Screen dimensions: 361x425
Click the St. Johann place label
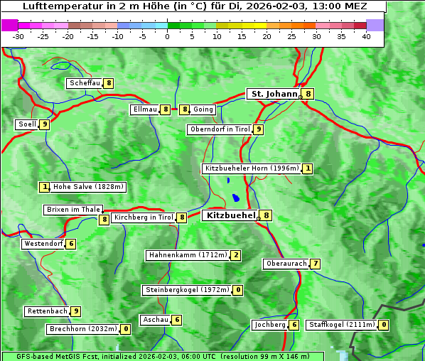tap(273, 94)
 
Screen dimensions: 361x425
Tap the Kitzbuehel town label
tap(230, 215)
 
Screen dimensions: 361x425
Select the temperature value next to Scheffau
tap(109, 83)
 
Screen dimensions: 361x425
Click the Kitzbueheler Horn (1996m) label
tap(251, 168)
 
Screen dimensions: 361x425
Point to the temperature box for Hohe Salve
tap(45, 187)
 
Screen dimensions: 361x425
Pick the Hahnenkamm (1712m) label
tap(188, 255)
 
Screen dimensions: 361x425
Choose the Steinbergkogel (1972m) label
tap(187, 290)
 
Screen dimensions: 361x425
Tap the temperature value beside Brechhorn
tap(126, 329)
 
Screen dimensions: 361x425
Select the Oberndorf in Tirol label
tap(220, 129)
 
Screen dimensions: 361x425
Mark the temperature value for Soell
tap(45, 124)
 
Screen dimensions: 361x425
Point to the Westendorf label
tap(43, 244)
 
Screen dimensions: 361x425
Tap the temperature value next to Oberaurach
tap(315, 264)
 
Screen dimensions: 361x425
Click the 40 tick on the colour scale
tap(366, 36)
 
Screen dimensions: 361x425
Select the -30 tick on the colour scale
tap(18, 36)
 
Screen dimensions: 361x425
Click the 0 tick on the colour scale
tap(168, 36)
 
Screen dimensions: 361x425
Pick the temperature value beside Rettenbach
tap(76, 311)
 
